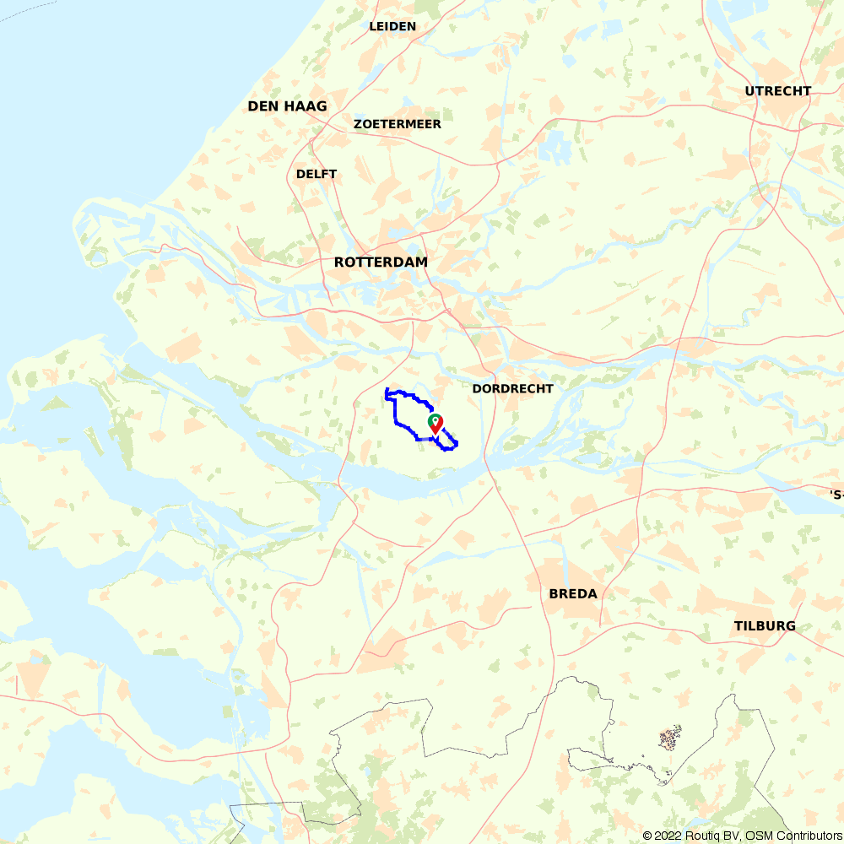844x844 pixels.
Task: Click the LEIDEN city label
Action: point(392,26)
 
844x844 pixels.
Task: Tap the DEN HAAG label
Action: point(287,106)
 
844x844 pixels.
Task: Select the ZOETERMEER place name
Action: point(398,124)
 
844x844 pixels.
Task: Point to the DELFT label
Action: point(316,174)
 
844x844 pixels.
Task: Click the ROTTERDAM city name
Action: point(381,262)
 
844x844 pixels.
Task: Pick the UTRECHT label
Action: point(778,91)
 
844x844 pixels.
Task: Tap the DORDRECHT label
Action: point(512,389)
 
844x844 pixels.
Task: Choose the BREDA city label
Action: point(573,594)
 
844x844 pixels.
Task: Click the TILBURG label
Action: point(765,626)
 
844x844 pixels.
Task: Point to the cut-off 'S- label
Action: point(836,495)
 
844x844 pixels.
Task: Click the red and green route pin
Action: point(436,425)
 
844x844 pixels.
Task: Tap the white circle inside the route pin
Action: point(436,419)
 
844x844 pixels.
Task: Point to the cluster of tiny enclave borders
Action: point(669,738)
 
